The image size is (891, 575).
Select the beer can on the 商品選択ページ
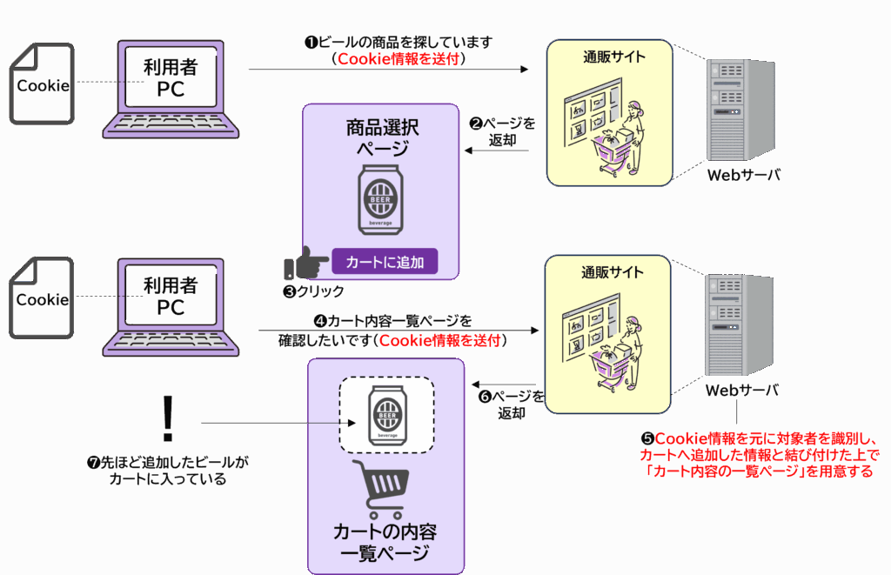point(380,200)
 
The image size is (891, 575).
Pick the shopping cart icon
point(380,490)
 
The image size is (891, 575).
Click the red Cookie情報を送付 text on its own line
point(400,59)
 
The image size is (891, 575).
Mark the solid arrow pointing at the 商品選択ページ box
point(471,150)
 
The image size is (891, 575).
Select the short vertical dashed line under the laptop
point(168,412)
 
